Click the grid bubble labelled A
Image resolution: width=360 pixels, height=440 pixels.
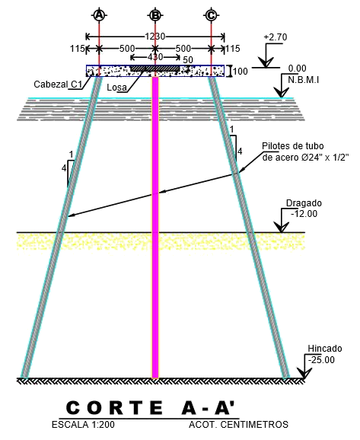(99, 15)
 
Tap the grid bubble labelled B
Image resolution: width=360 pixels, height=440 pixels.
(155, 15)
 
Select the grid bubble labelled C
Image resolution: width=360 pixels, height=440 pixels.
(211, 15)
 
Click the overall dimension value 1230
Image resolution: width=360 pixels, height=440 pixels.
(155, 37)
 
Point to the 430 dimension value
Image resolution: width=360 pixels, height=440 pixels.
(155, 57)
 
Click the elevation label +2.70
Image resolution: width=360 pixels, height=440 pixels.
(276, 37)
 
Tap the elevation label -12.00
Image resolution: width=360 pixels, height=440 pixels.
(304, 214)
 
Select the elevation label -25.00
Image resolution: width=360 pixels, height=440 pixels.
(321, 360)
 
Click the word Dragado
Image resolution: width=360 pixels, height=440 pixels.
(304, 203)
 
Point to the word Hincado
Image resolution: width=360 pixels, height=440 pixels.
(325, 349)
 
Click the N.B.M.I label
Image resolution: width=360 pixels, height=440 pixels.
(304, 80)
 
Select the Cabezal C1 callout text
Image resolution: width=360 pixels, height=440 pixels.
(58, 84)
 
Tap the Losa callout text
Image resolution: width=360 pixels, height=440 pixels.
(116, 88)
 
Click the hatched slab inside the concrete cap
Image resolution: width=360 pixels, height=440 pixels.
(155, 69)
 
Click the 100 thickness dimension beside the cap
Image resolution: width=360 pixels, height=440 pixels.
(241, 72)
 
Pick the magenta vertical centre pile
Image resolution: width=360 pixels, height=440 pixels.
(155, 228)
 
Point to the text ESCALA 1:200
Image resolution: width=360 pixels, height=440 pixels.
(83, 425)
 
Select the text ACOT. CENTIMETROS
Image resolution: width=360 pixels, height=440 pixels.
(238, 425)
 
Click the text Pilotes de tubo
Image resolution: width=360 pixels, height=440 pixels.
(293, 146)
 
